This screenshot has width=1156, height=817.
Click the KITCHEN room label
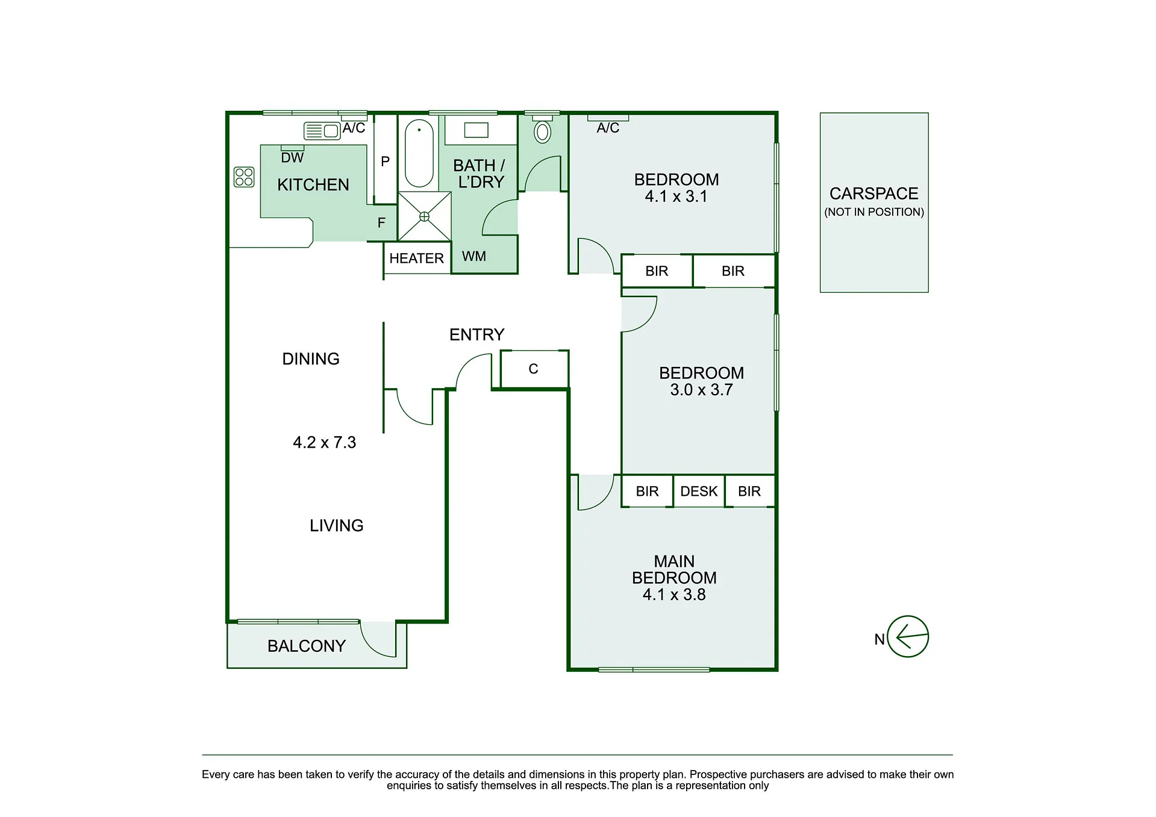313,184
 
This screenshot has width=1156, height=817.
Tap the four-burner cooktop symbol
244,177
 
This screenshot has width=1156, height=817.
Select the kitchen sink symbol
322,130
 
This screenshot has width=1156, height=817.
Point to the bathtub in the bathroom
419,153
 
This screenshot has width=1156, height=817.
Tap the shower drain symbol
424,216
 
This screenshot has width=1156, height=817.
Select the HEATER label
416,258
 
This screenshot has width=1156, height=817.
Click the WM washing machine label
474,256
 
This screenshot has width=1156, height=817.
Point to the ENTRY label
476,334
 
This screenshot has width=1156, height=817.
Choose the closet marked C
534,369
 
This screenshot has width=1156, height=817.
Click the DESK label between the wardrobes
699,492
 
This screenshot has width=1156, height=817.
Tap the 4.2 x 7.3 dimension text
324,442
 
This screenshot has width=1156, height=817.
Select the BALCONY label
307,646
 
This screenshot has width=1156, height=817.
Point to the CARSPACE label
874,193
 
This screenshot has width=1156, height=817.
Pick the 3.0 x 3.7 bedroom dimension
701,390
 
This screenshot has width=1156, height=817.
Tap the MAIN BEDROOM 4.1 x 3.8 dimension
674,595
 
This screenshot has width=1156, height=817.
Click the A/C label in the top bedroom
608,128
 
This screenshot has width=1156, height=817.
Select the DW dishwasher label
292,158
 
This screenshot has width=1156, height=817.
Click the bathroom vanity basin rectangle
476,130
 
